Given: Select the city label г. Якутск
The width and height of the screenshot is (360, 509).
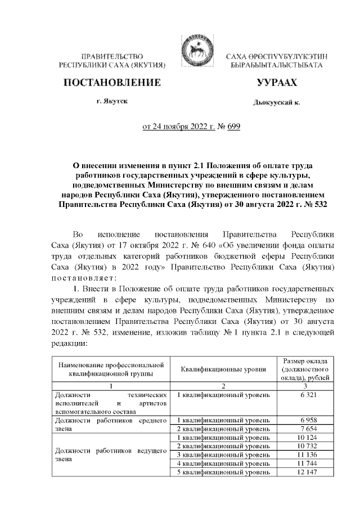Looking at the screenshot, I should (x=112, y=102).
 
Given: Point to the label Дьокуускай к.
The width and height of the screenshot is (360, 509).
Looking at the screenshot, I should (x=277, y=103).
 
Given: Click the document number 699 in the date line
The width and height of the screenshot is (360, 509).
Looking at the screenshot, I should (x=233, y=127).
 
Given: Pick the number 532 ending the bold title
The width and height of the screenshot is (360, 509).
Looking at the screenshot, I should (x=315, y=203).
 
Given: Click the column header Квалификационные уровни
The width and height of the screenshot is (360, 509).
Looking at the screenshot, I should (x=223, y=369).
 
